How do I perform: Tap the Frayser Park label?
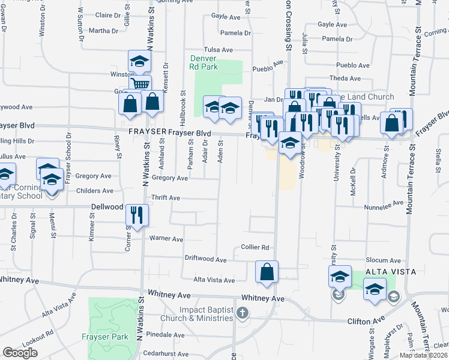pos(106,337)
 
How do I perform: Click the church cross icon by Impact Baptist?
pos(242,313)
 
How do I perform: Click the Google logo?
pos(20,353)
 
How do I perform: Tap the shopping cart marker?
pos(140,83)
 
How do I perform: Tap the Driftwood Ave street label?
pos(205,260)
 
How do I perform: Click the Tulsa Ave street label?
pos(218,50)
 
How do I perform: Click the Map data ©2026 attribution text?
pos(423,355)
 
